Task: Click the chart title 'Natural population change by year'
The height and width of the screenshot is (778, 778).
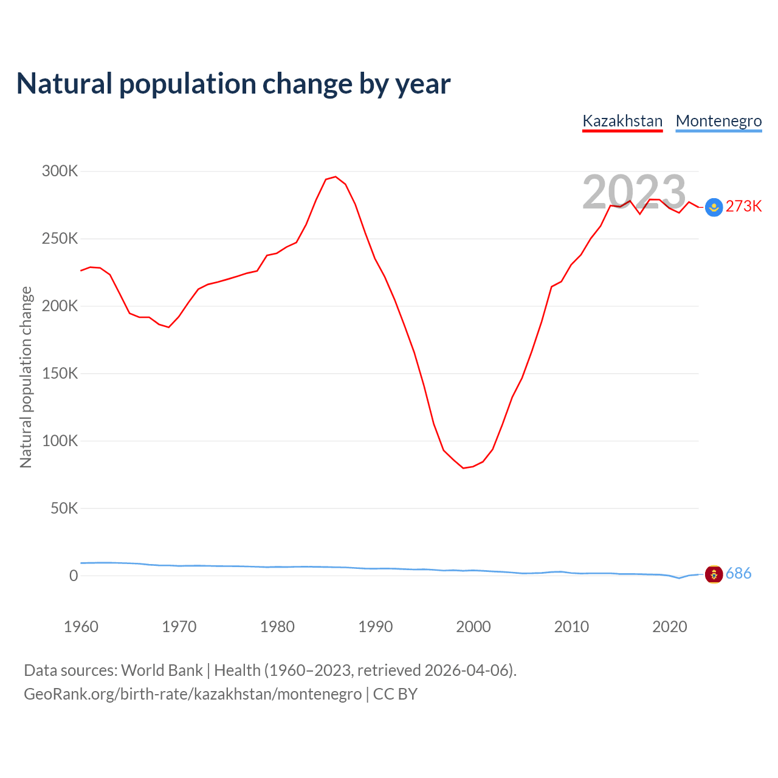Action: coord(233,84)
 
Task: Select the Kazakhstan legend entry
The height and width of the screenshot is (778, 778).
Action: coord(622,121)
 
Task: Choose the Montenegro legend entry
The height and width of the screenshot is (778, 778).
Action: coord(718,121)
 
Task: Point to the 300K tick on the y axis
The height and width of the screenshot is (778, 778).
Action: coord(60,171)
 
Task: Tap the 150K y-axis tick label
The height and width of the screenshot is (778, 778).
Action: coord(60,373)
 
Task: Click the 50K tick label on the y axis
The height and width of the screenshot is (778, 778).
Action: coord(64,508)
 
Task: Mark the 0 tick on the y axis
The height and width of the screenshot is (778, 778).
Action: coord(74,576)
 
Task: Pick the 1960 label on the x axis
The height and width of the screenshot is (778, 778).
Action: coord(81,627)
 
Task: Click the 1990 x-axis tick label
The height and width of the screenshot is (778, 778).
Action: coord(375,627)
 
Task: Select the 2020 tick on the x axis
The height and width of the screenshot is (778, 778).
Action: coord(669,627)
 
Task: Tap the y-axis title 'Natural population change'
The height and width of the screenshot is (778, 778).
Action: coord(26,377)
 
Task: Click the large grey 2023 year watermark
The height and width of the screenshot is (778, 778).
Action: coord(634,192)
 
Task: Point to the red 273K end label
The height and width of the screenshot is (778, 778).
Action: coord(743,207)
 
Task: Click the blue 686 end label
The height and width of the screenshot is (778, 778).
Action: coord(738,574)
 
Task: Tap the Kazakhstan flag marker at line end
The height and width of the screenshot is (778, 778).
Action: coord(714,207)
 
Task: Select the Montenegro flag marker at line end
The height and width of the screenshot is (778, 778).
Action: coord(714,574)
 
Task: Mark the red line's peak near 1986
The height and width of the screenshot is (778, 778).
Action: coord(336,177)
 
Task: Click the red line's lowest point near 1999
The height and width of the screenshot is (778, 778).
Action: coord(463,468)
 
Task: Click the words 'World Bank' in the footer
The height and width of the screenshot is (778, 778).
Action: coord(162,670)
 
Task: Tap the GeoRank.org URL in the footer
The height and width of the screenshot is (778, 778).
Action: coord(193,694)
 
